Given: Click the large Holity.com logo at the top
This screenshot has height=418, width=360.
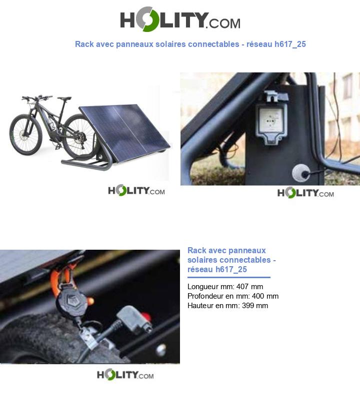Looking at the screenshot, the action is (180, 19).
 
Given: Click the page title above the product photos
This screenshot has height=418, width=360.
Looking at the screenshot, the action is (190, 44).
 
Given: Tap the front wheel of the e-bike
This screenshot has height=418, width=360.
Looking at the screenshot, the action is (26, 134).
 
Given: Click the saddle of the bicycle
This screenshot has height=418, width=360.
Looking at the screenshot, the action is (64, 98).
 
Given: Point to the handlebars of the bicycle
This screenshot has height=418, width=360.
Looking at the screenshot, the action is (37, 97).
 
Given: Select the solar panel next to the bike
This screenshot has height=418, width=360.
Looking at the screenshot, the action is (124, 133).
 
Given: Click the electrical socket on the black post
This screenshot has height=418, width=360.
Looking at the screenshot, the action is (271, 119).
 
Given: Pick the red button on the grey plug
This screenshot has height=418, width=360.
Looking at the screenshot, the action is (146, 317).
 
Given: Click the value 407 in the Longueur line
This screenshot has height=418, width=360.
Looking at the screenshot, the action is (242, 287).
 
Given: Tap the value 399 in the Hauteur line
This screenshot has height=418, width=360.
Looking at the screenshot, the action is (248, 306).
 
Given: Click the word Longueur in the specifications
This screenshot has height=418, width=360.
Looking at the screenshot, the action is (203, 287).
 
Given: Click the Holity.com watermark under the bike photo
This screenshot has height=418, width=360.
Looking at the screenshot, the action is (136, 190).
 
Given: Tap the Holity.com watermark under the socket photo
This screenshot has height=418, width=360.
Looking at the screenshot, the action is (305, 192).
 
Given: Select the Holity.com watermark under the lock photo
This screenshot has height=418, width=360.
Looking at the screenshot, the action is (125, 375).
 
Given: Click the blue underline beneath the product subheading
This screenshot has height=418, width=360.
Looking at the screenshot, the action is (229, 278).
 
